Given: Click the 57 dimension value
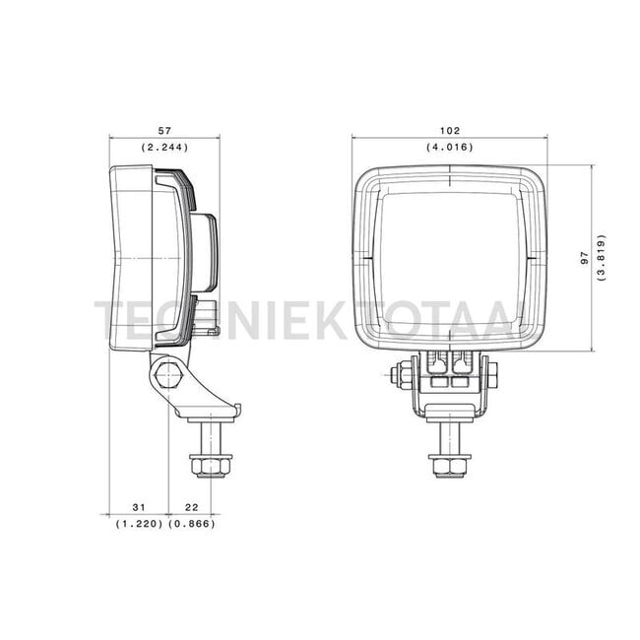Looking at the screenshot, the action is coord(164,131).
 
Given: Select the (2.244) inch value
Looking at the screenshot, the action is coord(164,147).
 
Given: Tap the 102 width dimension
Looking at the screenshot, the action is coord(450,131).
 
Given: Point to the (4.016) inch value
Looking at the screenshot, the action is coord(450,147).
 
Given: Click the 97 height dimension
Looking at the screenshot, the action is coord(585,258).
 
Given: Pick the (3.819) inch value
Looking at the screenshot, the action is coord(601,258).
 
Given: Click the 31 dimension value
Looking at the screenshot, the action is coord(139,507).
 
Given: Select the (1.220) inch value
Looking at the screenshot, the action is coord(139,524).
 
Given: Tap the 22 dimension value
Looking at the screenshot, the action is coord(191,507).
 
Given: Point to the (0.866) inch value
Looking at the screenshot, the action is coord(191,524).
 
